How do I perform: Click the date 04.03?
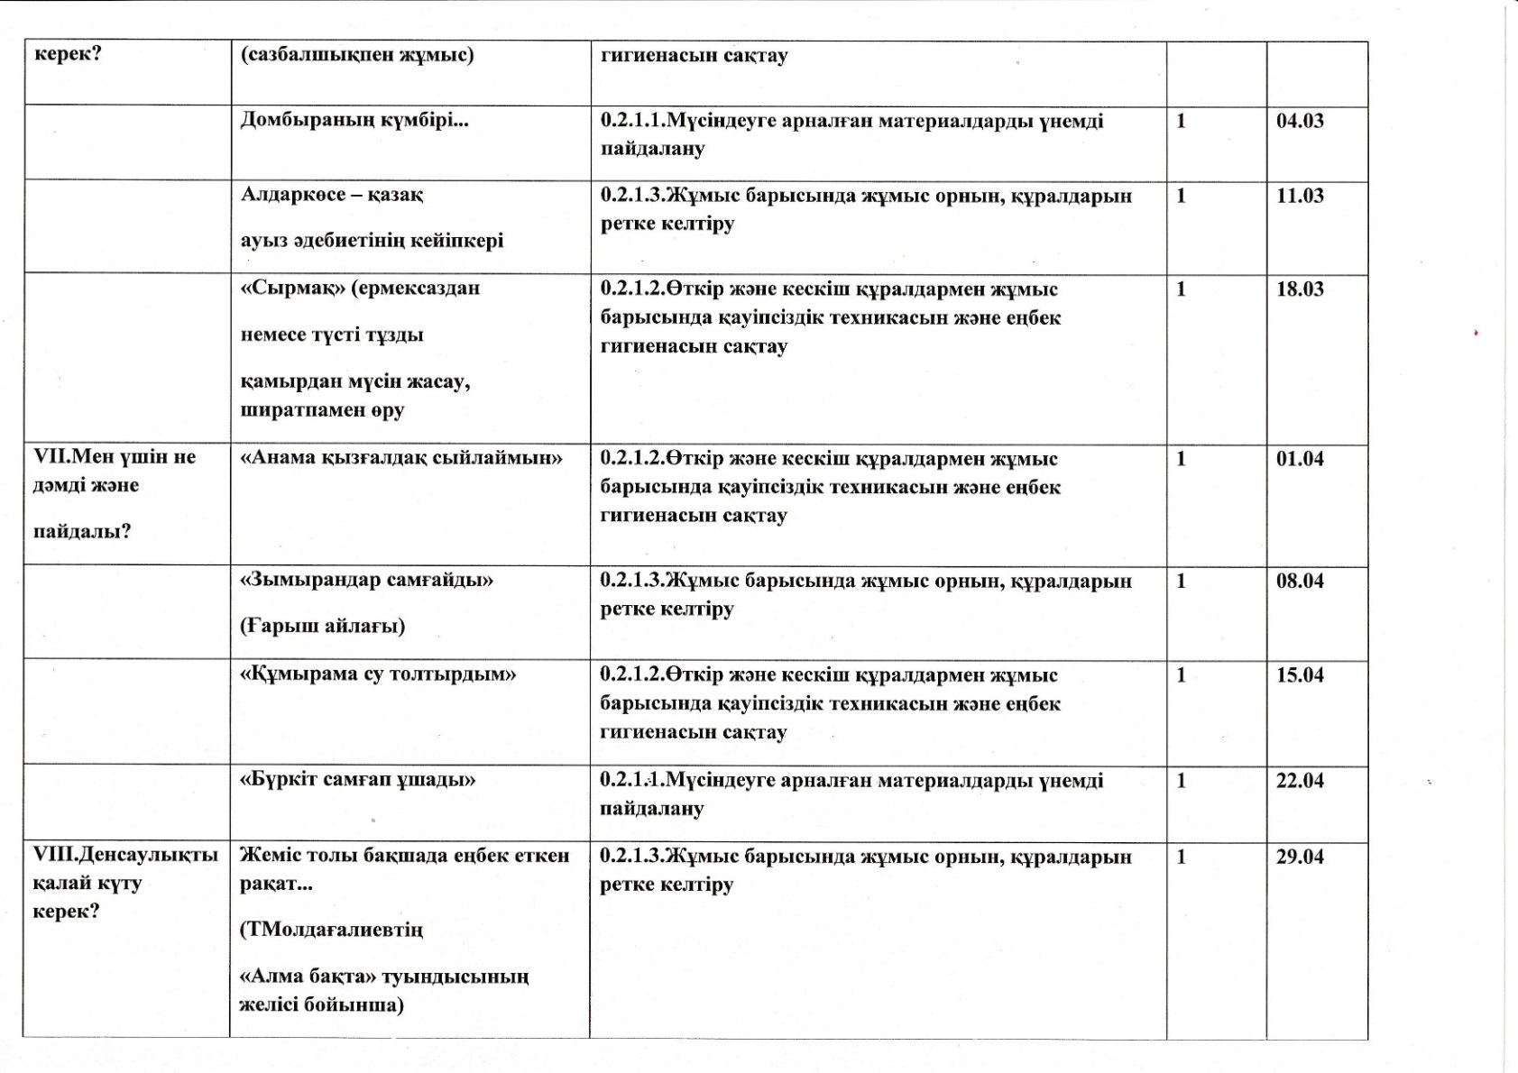point(1300,121)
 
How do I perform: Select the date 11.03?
point(1300,196)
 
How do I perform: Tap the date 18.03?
point(1300,289)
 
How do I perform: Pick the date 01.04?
point(1300,459)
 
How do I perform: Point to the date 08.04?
point(1300,581)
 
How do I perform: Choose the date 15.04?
point(1300,674)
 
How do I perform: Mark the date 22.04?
point(1300,780)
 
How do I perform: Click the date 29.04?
point(1300,856)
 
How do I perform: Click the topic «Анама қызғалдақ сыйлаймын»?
point(400,458)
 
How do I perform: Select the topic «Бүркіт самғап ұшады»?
point(357,779)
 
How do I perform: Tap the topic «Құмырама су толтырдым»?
point(378,674)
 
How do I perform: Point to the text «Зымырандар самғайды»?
point(366,580)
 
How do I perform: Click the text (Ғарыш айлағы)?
point(322,626)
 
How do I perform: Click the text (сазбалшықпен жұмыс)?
point(357,55)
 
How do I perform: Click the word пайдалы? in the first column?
point(82,531)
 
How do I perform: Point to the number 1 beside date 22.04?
point(1182,780)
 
